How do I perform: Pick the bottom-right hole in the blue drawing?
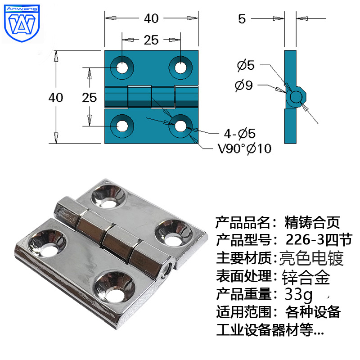coord(180,126)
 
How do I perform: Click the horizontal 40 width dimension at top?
coord(152,18)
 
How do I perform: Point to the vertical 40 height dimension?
coord(56,98)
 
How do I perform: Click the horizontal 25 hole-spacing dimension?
coord(152,40)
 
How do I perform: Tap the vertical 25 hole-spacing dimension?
coord(90,98)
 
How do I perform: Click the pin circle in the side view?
coord(296,97)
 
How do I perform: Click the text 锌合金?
coord(306,276)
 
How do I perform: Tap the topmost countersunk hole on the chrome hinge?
coord(107,195)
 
